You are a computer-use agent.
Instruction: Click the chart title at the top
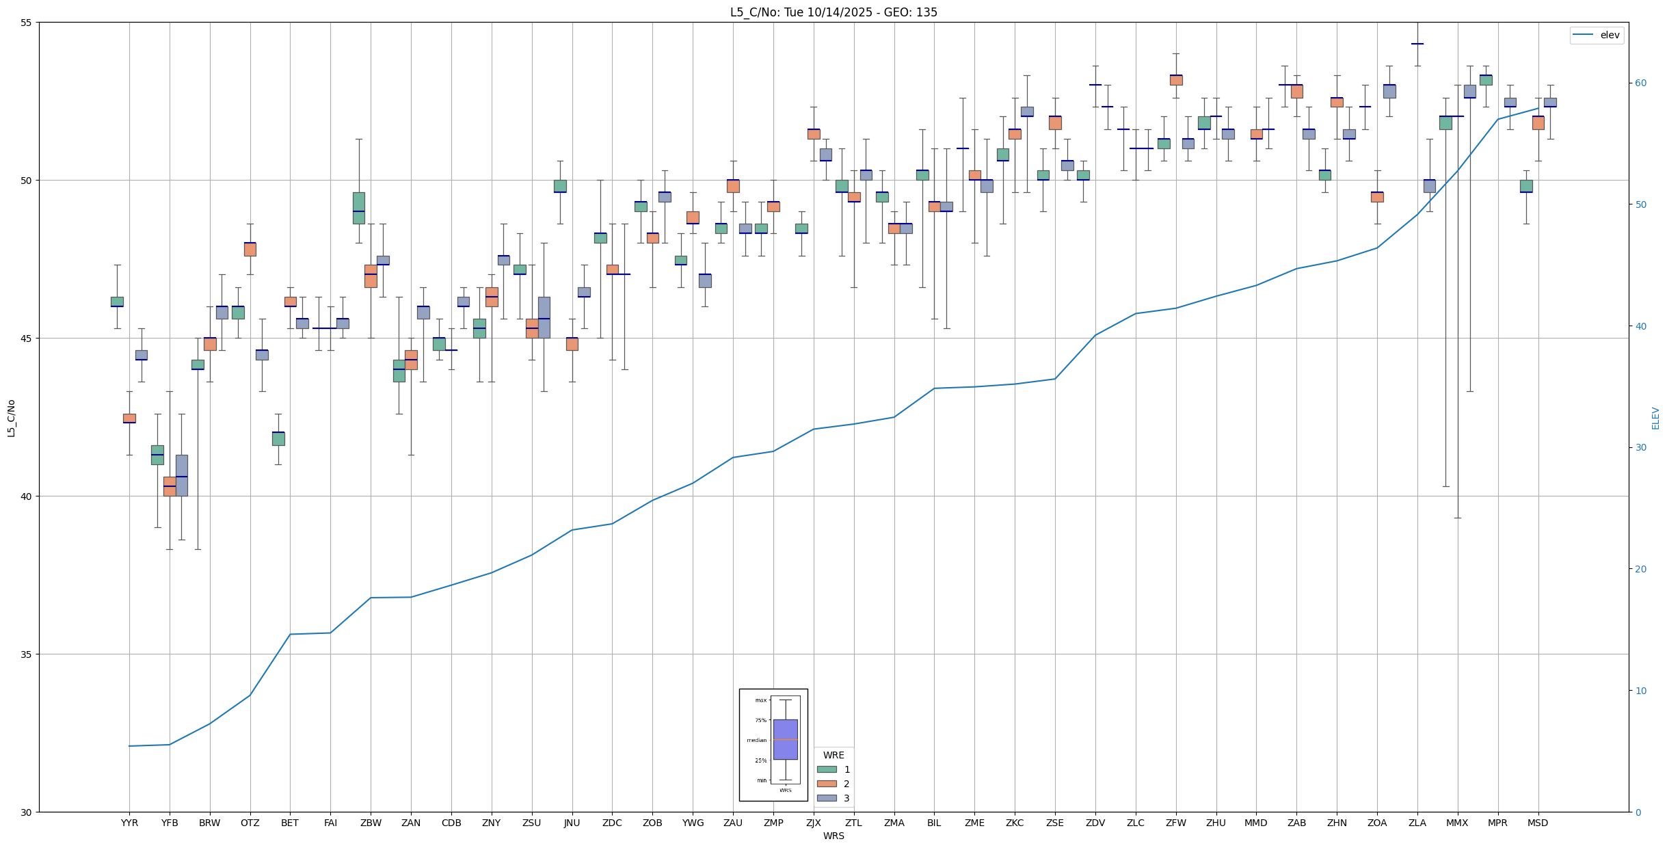(x=833, y=12)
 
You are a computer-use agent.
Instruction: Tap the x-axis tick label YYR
(x=129, y=823)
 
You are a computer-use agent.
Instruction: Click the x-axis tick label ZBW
(x=371, y=823)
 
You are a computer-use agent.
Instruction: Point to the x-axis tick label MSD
(x=1538, y=823)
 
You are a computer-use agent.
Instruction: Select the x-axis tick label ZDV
(x=1095, y=823)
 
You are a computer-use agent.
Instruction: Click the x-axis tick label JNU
(x=572, y=823)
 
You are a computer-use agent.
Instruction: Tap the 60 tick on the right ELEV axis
(x=1640, y=83)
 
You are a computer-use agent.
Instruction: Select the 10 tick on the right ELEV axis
(x=1640, y=691)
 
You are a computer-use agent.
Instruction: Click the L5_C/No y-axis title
(x=11, y=418)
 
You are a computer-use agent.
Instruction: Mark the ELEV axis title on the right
(x=1655, y=418)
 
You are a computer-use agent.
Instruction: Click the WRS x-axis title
(x=833, y=836)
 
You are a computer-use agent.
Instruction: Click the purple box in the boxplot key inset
(x=785, y=739)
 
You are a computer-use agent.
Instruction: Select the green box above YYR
(x=117, y=302)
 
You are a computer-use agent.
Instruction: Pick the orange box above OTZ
(x=250, y=249)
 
